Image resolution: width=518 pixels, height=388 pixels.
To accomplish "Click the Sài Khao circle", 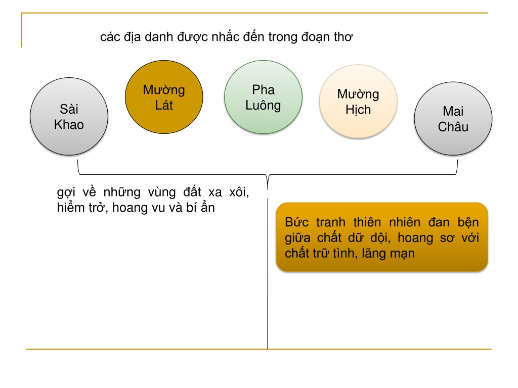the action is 69,117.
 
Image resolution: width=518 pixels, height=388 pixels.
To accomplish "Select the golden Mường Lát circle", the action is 164,97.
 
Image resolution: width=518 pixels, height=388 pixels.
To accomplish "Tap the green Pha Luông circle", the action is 263,97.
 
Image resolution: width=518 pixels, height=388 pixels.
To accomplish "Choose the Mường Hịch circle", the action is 358,101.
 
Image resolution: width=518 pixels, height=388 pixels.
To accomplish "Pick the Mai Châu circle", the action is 453,119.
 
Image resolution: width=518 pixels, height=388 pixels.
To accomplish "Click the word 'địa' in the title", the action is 132,37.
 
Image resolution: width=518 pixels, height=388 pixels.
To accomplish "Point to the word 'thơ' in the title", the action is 343,37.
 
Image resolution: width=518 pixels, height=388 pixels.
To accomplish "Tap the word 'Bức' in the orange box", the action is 296,222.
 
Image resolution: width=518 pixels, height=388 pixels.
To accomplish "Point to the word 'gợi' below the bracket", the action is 66,192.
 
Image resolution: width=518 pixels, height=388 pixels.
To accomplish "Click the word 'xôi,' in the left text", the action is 239,191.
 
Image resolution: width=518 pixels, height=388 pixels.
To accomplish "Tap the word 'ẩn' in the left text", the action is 208,207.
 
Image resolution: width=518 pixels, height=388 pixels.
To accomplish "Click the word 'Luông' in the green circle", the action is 263,106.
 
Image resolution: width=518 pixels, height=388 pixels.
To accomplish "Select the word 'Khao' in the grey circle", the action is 69,125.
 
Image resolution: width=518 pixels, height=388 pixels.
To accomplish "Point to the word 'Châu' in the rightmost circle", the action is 453,127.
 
